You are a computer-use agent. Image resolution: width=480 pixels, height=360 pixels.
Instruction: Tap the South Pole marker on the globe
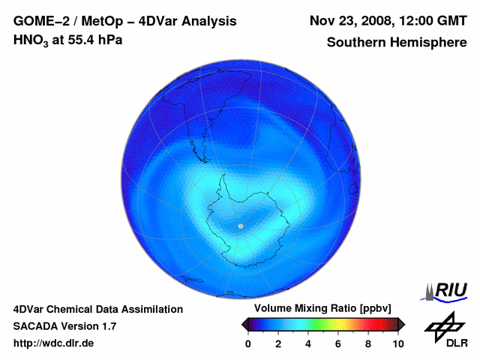pos(240,226)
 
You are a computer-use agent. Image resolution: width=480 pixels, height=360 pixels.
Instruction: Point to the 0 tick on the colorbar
pos(248,343)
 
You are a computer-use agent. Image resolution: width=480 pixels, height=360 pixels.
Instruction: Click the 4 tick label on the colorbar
pos(307,343)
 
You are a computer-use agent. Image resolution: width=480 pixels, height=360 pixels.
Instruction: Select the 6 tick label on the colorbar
pos(337,343)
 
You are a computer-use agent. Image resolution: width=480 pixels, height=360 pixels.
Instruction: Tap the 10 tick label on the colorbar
pos(397,343)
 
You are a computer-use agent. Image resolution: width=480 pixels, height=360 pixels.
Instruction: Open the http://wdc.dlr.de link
pos(53,343)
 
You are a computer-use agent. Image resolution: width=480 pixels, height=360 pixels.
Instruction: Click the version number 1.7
pos(107,326)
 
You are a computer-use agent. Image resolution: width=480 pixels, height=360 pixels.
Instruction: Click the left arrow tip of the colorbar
pos(243,324)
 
